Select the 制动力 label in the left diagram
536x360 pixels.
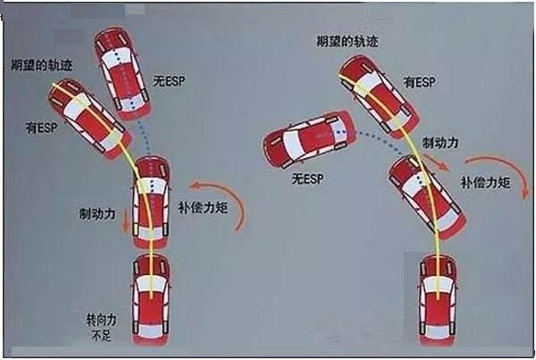coord(97,214)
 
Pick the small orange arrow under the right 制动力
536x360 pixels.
coord(437,161)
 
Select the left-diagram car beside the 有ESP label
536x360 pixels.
coord(96,119)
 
